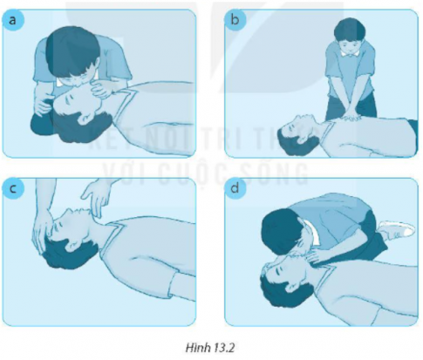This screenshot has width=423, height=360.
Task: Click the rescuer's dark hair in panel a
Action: coord(70,48)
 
